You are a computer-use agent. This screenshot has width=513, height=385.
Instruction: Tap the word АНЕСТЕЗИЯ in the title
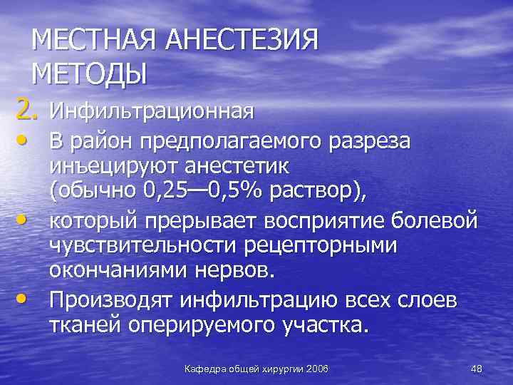click(x=242, y=41)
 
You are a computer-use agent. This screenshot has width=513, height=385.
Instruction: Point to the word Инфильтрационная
click(x=152, y=111)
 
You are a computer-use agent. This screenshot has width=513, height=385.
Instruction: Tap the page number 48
click(x=477, y=368)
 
